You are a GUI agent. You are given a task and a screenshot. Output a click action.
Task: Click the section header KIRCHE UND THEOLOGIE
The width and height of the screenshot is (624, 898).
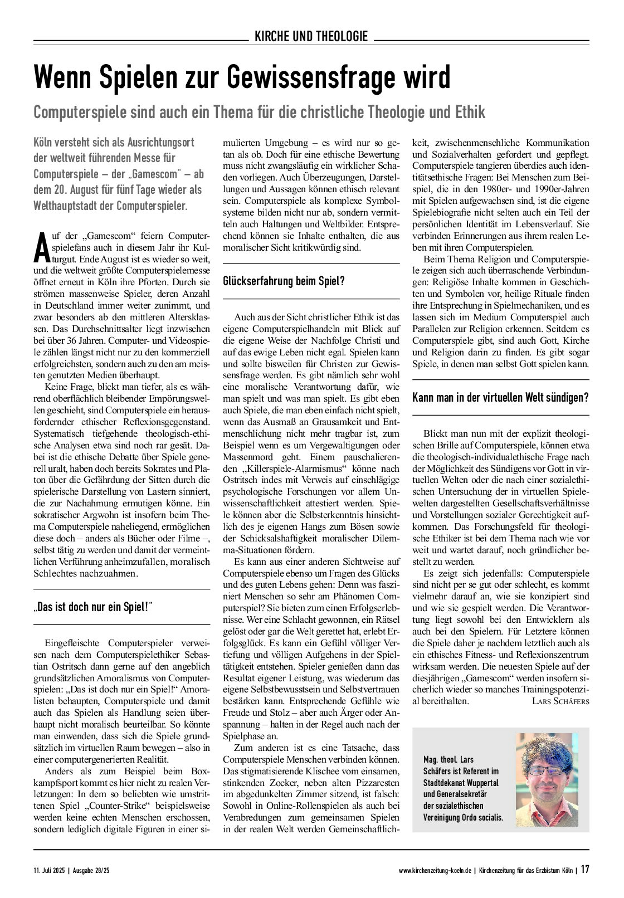tap(311, 37)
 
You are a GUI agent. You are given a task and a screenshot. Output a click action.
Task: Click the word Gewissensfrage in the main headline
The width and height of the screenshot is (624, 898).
tap(313, 77)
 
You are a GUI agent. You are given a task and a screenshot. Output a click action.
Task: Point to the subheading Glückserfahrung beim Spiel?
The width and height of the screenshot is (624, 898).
tap(284, 281)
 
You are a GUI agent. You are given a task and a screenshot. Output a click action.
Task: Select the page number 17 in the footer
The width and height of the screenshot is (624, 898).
tap(584, 869)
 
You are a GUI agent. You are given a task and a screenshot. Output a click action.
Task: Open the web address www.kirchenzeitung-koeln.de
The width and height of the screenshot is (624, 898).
tap(436, 870)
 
